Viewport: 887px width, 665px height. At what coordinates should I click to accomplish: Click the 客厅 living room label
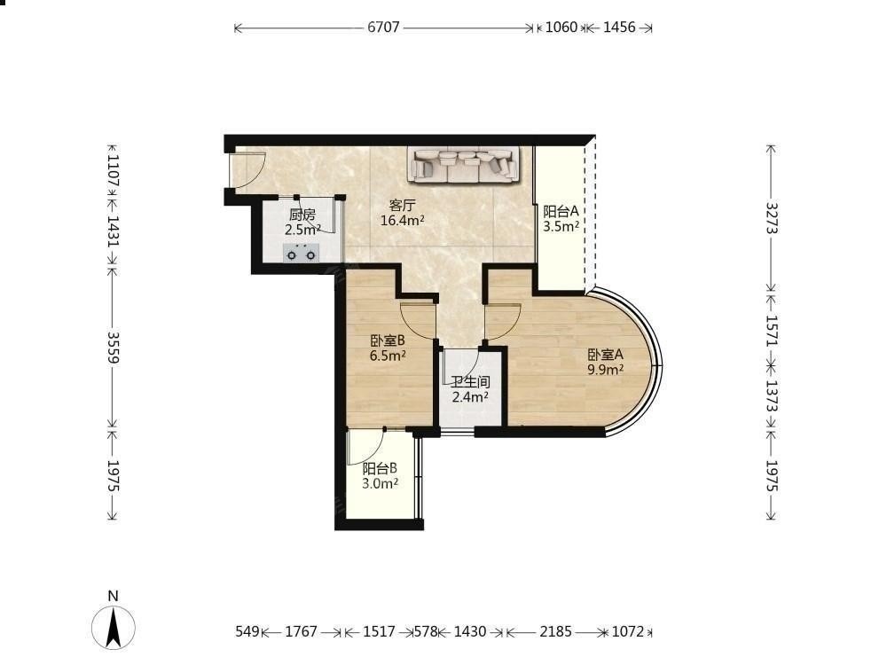401,205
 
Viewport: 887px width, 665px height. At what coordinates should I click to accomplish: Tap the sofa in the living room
465,165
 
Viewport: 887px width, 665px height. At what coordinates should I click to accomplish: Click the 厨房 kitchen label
302,215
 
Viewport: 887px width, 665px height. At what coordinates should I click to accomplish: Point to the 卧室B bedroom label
388,341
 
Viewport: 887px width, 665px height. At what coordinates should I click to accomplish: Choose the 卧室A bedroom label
605,355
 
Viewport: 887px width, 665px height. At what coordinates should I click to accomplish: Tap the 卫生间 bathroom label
470,382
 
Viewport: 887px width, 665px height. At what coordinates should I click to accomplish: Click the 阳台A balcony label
561,212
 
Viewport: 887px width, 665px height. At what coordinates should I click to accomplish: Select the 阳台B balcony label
380,468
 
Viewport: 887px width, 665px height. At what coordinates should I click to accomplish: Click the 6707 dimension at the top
383,27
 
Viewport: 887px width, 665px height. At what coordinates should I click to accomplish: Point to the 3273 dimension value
773,218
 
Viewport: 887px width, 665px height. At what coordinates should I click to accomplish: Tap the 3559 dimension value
114,348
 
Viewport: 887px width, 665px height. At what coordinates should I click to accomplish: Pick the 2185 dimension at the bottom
555,631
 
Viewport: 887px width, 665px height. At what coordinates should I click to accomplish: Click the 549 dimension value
247,631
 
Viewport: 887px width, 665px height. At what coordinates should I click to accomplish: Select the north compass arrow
114,627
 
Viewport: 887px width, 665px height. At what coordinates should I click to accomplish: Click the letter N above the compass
114,596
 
